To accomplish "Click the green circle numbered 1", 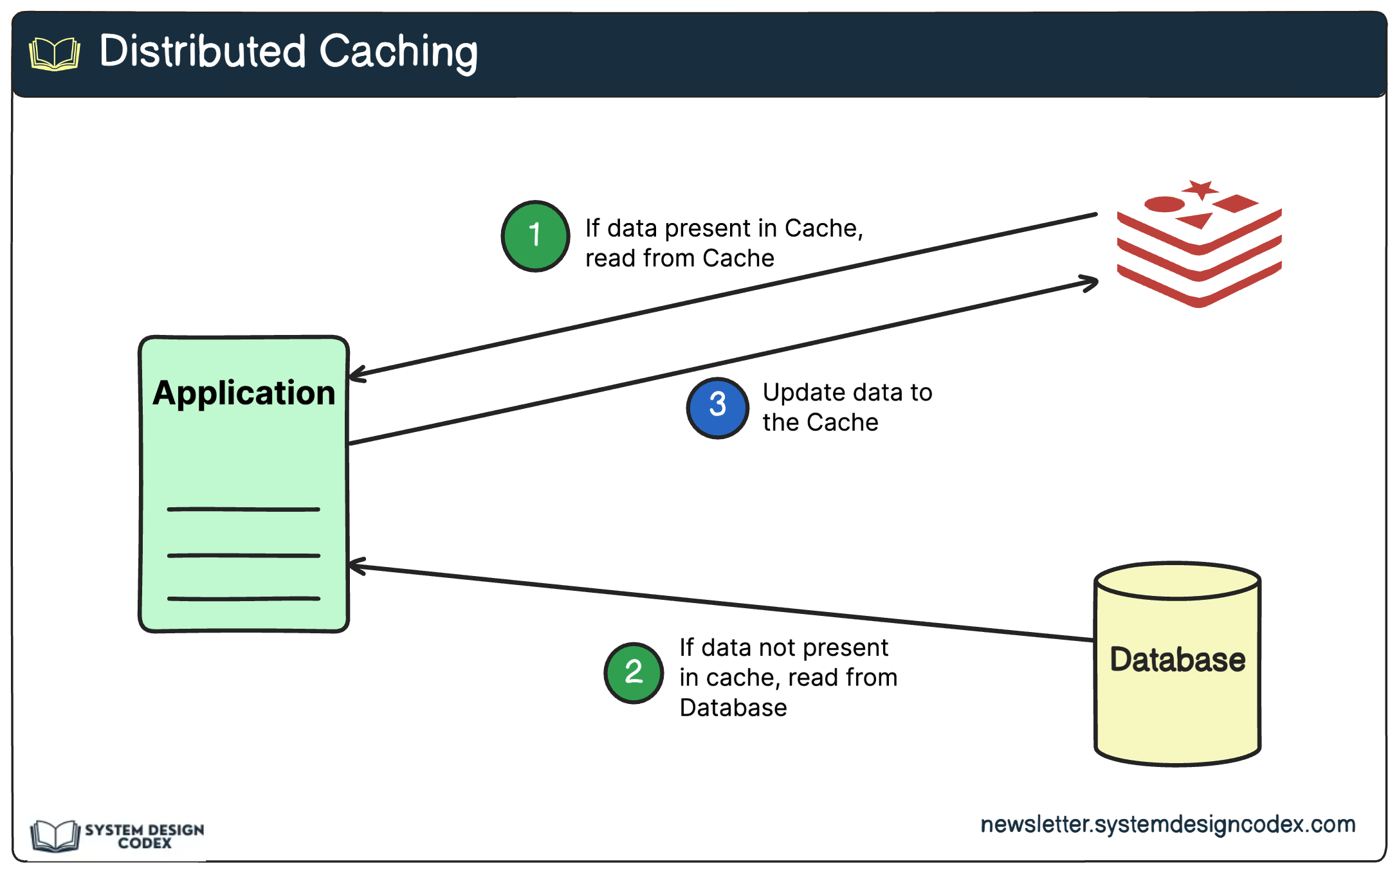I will pyautogui.click(x=535, y=236).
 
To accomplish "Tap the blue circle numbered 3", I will pyautogui.click(x=717, y=408).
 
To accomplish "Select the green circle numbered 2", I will pyautogui.click(x=634, y=672).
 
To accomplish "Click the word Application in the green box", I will pyautogui.click(x=244, y=393).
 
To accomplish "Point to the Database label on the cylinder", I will pyautogui.click(x=1177, y=660).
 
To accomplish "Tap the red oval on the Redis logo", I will pyautogui.click(x=1164, y=204).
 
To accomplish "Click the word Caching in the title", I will pyautogui.click(x=398, y=51).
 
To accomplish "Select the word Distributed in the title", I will pyautogui.click(x=203, y=51).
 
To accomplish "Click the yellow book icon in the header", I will pyautogui.click(x=55, y=54).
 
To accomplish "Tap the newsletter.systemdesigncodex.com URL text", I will pyautogui.click(x=1167, y=824).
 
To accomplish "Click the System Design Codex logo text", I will pyautogui.click(x=144, y=836).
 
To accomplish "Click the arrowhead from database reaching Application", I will pyautogui.click(x=356, y=566).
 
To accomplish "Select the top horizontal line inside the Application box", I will pyautogui.click(x=243, y=509).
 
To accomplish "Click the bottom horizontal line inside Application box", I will pyautogui.click(x=243, y=599).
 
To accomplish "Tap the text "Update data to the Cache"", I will pyautogui.click(x=846, y=407).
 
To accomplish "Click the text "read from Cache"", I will pyautogui.click(x=679, y=258).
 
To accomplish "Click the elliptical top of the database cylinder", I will pyautogui.click(x=1177, y=581).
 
